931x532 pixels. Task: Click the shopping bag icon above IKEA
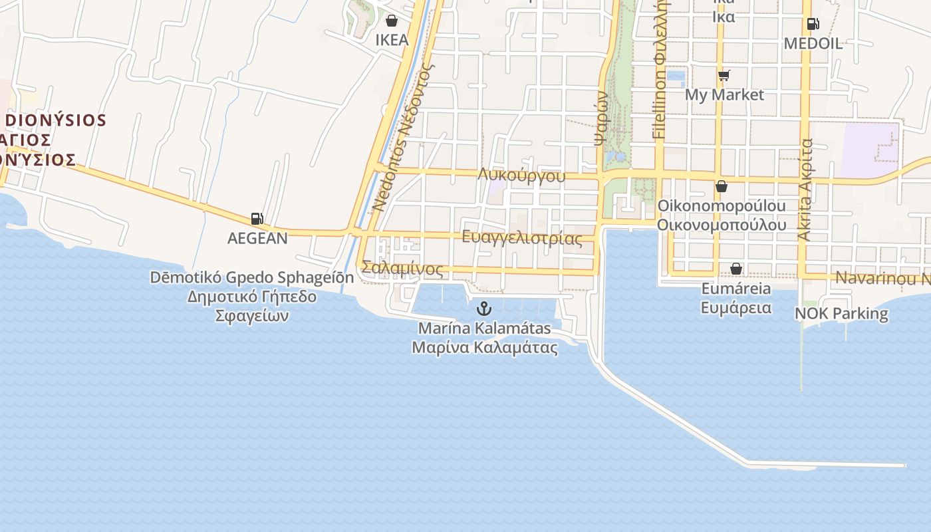(x=392, y=21)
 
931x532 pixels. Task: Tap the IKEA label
(x=392, y=40)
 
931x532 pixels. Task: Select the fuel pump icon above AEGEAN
(x=257, y=218)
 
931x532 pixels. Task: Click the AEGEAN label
(x=257, y=238)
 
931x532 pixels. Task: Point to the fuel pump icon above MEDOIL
(x=813, y=24)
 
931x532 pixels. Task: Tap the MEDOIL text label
(x=813, y=44)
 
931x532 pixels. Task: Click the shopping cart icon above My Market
(x=724, y=76)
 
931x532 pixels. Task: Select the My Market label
(x=724, y=95)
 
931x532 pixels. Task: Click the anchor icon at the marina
(x=484, y=308)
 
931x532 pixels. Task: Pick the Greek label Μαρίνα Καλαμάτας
(x=484, y=347)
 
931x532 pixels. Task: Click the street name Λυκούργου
(x=521, y=176)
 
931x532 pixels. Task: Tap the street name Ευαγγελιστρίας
(x=521, y=238)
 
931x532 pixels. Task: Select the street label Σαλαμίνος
(x=402, y=269)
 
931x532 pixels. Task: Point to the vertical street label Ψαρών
(x=602, y=118)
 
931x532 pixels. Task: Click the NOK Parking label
(x=841, y=313)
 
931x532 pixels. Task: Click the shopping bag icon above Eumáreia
(x=736, y=269)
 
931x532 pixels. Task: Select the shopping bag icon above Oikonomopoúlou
(x=722, y=186)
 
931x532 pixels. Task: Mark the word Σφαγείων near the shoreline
(x=252, y=315)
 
